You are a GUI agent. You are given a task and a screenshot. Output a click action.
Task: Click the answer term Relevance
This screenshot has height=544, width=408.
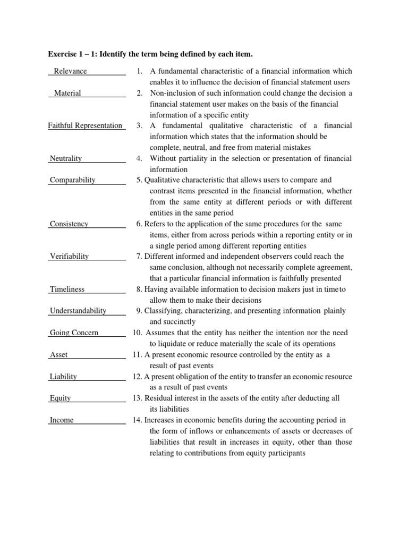click(70, 71)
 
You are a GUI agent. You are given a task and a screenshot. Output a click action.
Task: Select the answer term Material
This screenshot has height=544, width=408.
click(67, 93)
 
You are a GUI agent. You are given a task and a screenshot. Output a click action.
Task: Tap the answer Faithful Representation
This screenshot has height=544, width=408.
click(85, 126)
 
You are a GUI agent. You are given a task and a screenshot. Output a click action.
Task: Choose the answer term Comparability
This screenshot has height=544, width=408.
click(72, 180)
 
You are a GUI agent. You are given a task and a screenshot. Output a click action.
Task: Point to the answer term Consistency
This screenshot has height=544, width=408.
click(69, 224)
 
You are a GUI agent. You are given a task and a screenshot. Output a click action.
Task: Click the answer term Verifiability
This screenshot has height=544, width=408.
click(69, 256)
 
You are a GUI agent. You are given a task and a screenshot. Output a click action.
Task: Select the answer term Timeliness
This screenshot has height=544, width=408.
click(67, 290)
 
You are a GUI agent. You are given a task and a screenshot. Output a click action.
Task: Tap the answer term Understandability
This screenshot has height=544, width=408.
click(78, 311)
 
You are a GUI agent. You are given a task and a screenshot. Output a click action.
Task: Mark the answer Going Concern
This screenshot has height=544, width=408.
click(74, 333)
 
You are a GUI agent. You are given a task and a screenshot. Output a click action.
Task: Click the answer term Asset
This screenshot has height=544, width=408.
click(58, 354)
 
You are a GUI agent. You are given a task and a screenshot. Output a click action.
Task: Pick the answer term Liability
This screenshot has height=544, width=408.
click(63, 377)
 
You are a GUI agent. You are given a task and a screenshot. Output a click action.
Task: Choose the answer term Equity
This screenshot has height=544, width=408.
click(60, 398)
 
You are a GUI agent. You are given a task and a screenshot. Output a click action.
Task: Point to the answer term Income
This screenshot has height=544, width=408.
click(62, 420)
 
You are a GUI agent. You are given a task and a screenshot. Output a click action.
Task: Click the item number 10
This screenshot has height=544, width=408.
click(137, 333)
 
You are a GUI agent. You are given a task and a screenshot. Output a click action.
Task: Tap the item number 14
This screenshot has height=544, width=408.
click(137, 420)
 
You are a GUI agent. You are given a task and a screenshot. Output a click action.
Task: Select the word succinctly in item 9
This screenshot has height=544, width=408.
click(179, 322)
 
